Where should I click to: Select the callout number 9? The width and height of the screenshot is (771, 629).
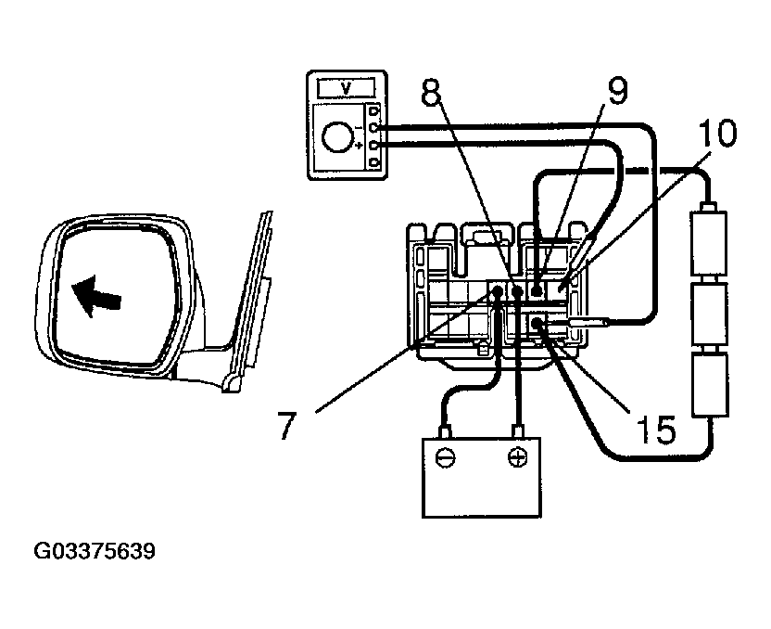(x=617, y=90)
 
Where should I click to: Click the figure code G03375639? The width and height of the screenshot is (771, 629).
(x=94, y=553)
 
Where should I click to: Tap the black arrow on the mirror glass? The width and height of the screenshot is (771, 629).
(x=97, y=299)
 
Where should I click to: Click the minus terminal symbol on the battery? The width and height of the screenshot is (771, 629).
(x=447, y=458)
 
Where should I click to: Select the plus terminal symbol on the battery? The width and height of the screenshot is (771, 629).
(x=518, y=458)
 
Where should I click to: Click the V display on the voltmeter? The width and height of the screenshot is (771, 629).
(x=346, y=88)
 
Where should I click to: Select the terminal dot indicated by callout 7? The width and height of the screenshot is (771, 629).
(x=498, y=292)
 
